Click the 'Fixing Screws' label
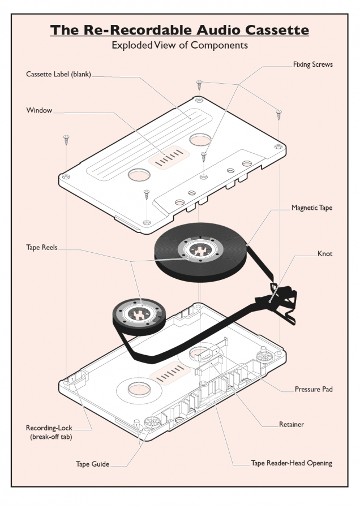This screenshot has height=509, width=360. click(x=312, y=64)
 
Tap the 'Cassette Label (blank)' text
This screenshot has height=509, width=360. click(x=58, y=74)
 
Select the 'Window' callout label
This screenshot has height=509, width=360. click(x=39, y=110)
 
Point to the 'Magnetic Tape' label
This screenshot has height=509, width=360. click(x=312, y=208)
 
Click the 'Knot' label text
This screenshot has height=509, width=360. click(x=325, y=253)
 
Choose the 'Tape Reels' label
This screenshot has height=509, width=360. click(x=41, y=247)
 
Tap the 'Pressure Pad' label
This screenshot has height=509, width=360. click(x=314, y=389)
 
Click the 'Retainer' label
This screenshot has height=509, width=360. click(x=292, y=424)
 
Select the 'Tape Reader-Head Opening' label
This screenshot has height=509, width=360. click(x=292, y=463)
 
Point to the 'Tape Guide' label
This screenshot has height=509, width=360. click(x=93, y=464)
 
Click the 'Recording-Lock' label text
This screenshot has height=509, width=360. click(x=49, y=428)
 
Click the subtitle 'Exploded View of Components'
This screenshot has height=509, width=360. click(x=179, y=45)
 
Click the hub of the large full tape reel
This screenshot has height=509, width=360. click(x=200, y=249)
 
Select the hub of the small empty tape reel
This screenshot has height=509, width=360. click(x=139, y=314)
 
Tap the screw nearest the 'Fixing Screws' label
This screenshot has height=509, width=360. click(x=278, y=114)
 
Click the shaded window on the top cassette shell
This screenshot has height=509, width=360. click(x=169, y=157)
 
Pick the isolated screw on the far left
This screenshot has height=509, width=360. click(x=66, y=140)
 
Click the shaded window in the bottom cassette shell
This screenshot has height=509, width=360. click(x=170, y=373)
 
